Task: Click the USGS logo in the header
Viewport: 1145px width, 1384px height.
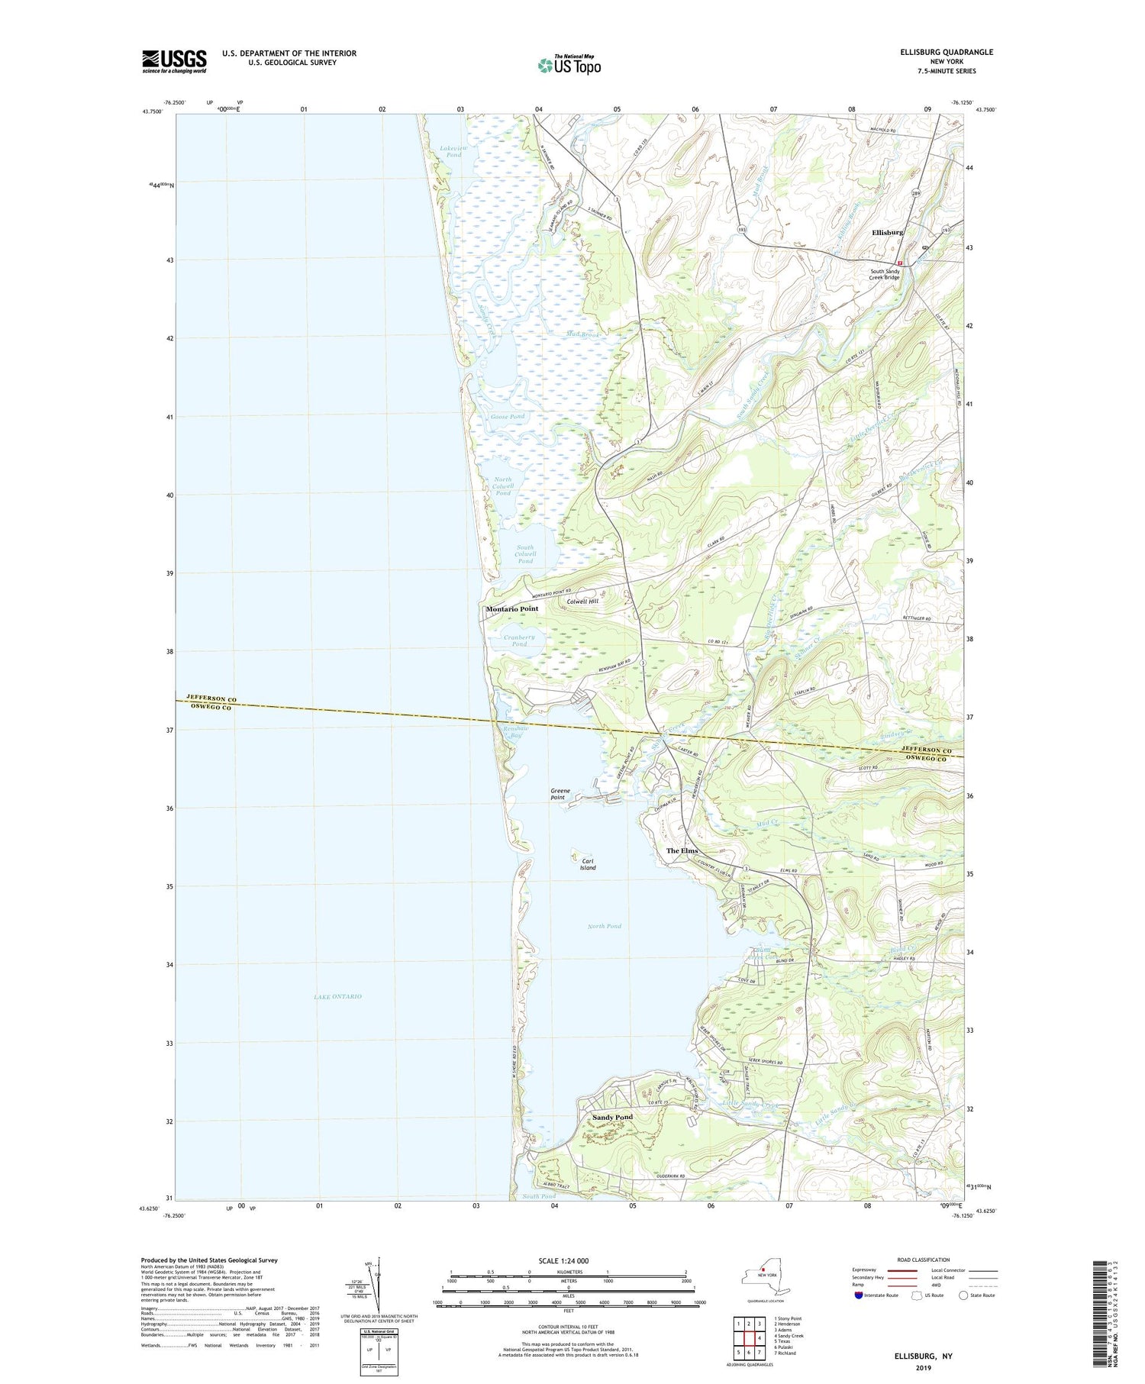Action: pos(174,61)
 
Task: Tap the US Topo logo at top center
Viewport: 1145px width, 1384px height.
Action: pos(569,66)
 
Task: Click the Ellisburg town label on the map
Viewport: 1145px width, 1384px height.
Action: pos(887,232)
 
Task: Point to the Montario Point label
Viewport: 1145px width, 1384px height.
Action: pos(511,609)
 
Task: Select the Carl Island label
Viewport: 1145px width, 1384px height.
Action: pos(587,863)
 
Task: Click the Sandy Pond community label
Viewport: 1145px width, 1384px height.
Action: pos(612,1118)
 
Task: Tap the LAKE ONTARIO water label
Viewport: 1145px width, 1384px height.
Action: pos(337,997)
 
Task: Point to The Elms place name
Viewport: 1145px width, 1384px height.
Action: pos(682,850)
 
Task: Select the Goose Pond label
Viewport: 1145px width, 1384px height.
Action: pos(508,417)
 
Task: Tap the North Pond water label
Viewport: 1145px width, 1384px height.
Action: pos(604,926)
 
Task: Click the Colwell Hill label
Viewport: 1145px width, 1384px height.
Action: pos(582,602)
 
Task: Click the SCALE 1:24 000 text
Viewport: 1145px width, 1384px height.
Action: pos(563,1260)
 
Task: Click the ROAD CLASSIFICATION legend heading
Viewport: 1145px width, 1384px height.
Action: pos(924,1260)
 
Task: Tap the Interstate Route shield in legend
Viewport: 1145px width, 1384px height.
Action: pos(858,1295)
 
